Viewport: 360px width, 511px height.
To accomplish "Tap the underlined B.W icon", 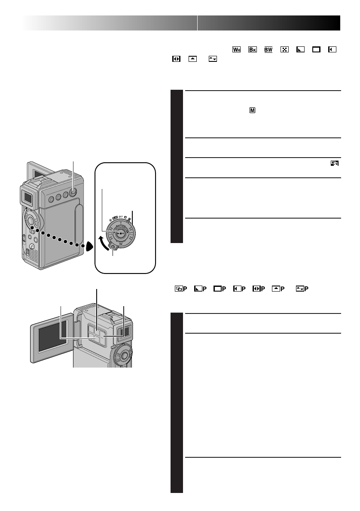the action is pos(268,49).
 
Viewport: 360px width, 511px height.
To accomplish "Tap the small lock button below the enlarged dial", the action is pos(113,247).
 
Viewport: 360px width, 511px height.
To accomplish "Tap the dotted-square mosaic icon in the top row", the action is pos(284,49).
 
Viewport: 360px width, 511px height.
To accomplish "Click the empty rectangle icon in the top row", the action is pos(316,49).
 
